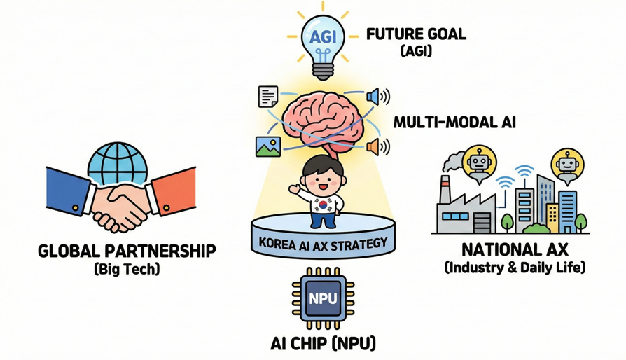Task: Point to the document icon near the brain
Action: coord(269,96)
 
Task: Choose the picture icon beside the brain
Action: coord(268,146)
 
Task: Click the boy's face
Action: coord(322,181)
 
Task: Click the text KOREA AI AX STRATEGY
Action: coord(322,246)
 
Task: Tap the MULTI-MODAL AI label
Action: coord(454,121)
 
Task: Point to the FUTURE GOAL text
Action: coord(416,34)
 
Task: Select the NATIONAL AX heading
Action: coord(514,249)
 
